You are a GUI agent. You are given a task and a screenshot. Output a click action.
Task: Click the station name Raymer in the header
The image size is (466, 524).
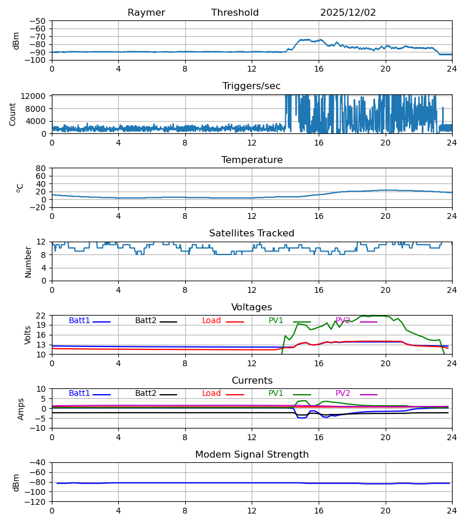(146, 13)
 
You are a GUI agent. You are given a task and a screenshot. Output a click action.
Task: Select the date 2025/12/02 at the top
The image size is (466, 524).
(348, 13)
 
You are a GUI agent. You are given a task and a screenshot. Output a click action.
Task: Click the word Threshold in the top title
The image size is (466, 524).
(235, 13)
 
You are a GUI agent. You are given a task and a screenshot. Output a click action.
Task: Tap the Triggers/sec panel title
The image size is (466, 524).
(252, 86)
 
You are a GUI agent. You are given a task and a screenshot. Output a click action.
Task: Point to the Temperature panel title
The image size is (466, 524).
(252, 160)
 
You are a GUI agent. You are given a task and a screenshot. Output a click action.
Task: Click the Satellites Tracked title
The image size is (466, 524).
(252, 233)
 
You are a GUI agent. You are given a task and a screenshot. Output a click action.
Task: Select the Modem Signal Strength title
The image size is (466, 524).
(252, 455)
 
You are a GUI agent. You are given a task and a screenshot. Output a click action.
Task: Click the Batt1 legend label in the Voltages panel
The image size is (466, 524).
(79, 321)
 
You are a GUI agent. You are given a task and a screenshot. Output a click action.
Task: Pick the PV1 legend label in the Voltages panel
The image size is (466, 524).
(276, 321)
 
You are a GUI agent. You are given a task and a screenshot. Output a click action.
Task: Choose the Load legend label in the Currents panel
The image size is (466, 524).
(212, 394)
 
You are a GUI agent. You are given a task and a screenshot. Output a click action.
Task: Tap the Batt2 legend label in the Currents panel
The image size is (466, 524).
(146, 394)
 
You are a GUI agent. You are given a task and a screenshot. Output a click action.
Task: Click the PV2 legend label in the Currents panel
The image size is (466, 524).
(343, 394)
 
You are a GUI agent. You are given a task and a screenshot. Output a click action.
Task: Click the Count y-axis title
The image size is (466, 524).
(13, 114)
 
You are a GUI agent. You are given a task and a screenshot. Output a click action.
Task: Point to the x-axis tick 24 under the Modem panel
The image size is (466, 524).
(451, 511)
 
